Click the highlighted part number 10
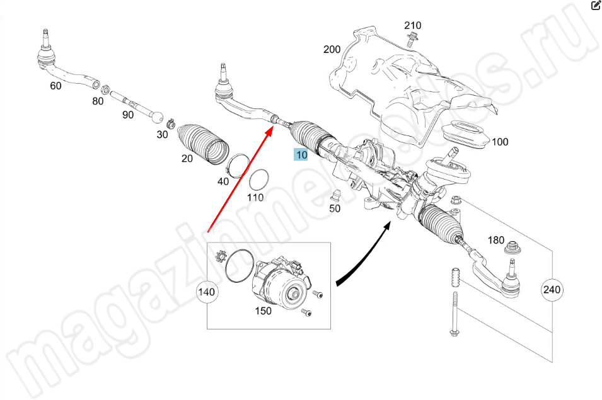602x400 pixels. (x=301, y=154)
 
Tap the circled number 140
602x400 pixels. (x=207, y=292)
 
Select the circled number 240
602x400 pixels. (x=552, y=290)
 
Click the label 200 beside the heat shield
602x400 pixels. (x=332, y=50)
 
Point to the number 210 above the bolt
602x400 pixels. (x=413, y=25)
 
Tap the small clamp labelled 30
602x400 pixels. (x=171, y=123)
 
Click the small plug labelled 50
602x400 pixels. (x=335, y=195)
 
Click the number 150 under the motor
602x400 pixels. (x=263, y=311)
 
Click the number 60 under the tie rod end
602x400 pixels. (x=55, y=86)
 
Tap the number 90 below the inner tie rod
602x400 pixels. (x=128, y=115)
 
